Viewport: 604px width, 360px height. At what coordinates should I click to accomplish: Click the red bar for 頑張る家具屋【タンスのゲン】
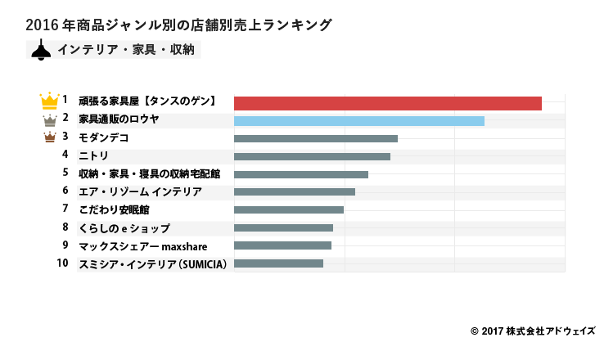(387, 103)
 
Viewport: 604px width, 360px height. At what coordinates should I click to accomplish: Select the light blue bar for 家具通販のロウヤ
(358, 121)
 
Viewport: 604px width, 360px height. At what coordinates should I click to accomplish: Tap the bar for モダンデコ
(315, 139)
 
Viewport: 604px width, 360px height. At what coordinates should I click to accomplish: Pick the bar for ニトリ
(312, 156)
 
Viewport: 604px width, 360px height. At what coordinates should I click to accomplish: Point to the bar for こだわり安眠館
(288, 209)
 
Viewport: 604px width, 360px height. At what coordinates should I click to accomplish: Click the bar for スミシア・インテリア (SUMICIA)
(278, 263)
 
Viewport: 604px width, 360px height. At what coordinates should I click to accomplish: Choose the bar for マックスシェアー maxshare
(282, 245)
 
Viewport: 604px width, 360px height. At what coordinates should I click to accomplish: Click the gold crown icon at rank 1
(49, 101)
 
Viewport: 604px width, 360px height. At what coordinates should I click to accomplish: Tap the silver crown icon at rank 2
(49, 120)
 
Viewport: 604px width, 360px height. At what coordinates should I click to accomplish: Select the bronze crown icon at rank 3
(49, 137)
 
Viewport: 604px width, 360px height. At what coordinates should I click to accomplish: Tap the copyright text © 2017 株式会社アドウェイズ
(533, 331)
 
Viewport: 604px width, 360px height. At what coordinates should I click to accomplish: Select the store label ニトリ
(93, 155)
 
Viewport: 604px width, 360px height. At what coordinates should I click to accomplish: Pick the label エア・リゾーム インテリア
(140, 191)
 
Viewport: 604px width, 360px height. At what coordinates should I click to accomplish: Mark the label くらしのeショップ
(124, 227)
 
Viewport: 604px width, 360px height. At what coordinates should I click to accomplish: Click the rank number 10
(62, 263)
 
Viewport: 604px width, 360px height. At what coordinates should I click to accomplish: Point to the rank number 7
(65, 209)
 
